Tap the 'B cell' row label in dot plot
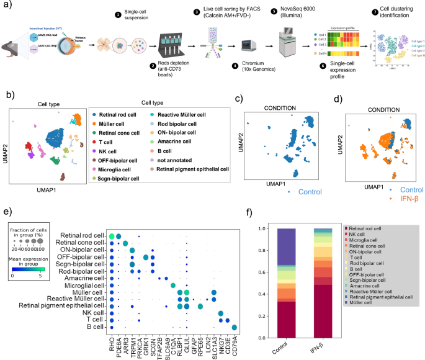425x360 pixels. coord(95,328)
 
